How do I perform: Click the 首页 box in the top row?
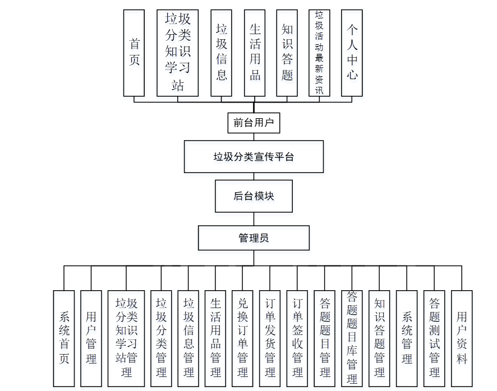coord(135,53)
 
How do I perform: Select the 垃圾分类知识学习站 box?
coord(178,53)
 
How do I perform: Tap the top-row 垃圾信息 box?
coord(222,53)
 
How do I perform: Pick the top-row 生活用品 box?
coord(255,53)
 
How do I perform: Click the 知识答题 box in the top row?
coord(287,53)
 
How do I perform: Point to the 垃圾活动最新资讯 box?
coord(319,53)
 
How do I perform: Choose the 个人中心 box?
coord(352,53)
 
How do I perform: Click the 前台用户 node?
coord(254,123)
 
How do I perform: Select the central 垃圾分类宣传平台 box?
coord(254,157)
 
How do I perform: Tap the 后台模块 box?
coord(254,197)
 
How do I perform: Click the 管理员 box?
coord(254,238)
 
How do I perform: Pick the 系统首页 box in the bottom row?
coord(64,338)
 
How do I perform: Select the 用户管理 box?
coord(91,338)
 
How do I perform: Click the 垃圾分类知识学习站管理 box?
coord(126,338)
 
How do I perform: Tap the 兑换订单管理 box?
coord(242,338)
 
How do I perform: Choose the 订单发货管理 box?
coord(270,338)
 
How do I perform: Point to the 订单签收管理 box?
coord(297,338)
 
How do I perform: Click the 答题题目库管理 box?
coord(352,338)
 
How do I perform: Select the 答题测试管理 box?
coord(434,338)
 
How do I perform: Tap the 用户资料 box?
coord(462,338)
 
